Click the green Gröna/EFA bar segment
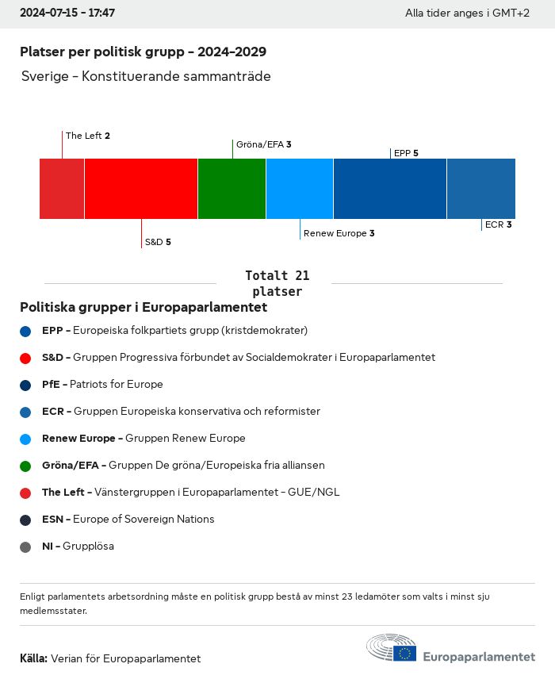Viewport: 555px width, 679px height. [x=232, y=189]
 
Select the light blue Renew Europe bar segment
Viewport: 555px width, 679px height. [x=300, y=189]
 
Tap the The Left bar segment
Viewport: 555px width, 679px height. [x=62, y=189]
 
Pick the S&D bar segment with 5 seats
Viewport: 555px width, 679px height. [x=141, y=189]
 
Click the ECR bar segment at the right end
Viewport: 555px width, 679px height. [x=481, y=189]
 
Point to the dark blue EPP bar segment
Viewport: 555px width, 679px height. [x=390, y=189]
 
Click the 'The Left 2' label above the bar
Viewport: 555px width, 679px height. [x=87, y=136]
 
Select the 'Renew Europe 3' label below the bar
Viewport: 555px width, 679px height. [x=339, y=233]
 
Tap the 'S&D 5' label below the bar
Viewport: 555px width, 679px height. [x=157, y=242]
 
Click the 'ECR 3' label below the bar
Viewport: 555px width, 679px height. [x=498, y=224]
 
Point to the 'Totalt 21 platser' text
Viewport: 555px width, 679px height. [x=277, y=283]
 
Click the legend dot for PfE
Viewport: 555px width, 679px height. [x=26, y=385]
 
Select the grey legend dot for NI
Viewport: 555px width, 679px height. [x=26, y=547]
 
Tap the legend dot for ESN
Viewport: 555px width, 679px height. [x=26, y=520]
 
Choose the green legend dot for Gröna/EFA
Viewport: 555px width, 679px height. [x=26, y=466]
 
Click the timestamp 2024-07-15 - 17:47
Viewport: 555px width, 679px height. [x=67, y=13]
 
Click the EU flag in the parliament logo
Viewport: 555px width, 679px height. [x=405, y=653]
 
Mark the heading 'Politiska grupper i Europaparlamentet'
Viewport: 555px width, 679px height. [x=144, y=307]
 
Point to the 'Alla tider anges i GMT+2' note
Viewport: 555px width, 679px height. [x=467, y=13]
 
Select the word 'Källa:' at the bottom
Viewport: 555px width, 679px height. [x=33, y=658]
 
